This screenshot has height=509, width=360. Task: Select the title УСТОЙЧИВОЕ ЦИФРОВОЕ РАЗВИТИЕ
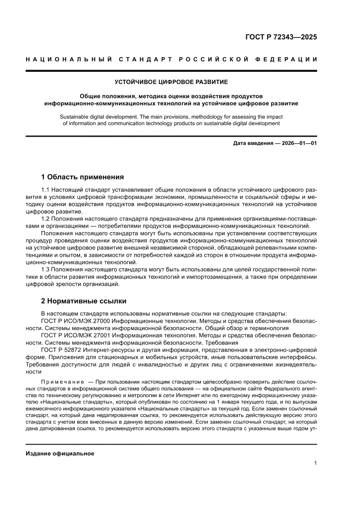pos(171,81)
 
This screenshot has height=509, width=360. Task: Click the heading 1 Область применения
pos(82,177)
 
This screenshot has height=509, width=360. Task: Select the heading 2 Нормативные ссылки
pos(84,301)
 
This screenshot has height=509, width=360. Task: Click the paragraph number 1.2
pos(46,219)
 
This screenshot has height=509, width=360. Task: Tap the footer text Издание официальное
pos(60,454)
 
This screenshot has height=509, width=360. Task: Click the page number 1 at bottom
pos(315,463)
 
